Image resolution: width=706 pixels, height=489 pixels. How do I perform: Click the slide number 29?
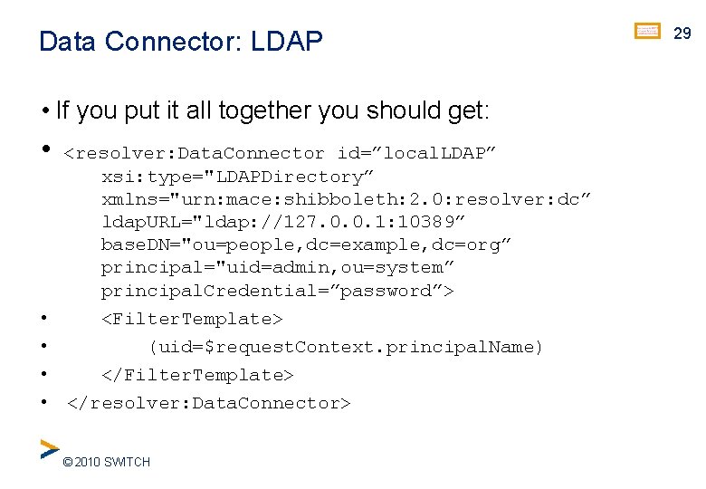tap(682, 33)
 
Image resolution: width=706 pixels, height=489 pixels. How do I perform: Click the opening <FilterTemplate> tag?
tap(192, 319)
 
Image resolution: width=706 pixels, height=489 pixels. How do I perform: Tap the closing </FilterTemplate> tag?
tap(197, 375)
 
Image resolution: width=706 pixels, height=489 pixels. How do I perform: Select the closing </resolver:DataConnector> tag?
tap(208, 403)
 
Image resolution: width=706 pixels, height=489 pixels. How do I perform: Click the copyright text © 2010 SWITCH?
tap(106, 463)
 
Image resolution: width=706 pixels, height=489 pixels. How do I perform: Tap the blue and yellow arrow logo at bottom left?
tap(49, 449)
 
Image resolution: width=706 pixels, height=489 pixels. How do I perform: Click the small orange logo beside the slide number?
tap(647, 32)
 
